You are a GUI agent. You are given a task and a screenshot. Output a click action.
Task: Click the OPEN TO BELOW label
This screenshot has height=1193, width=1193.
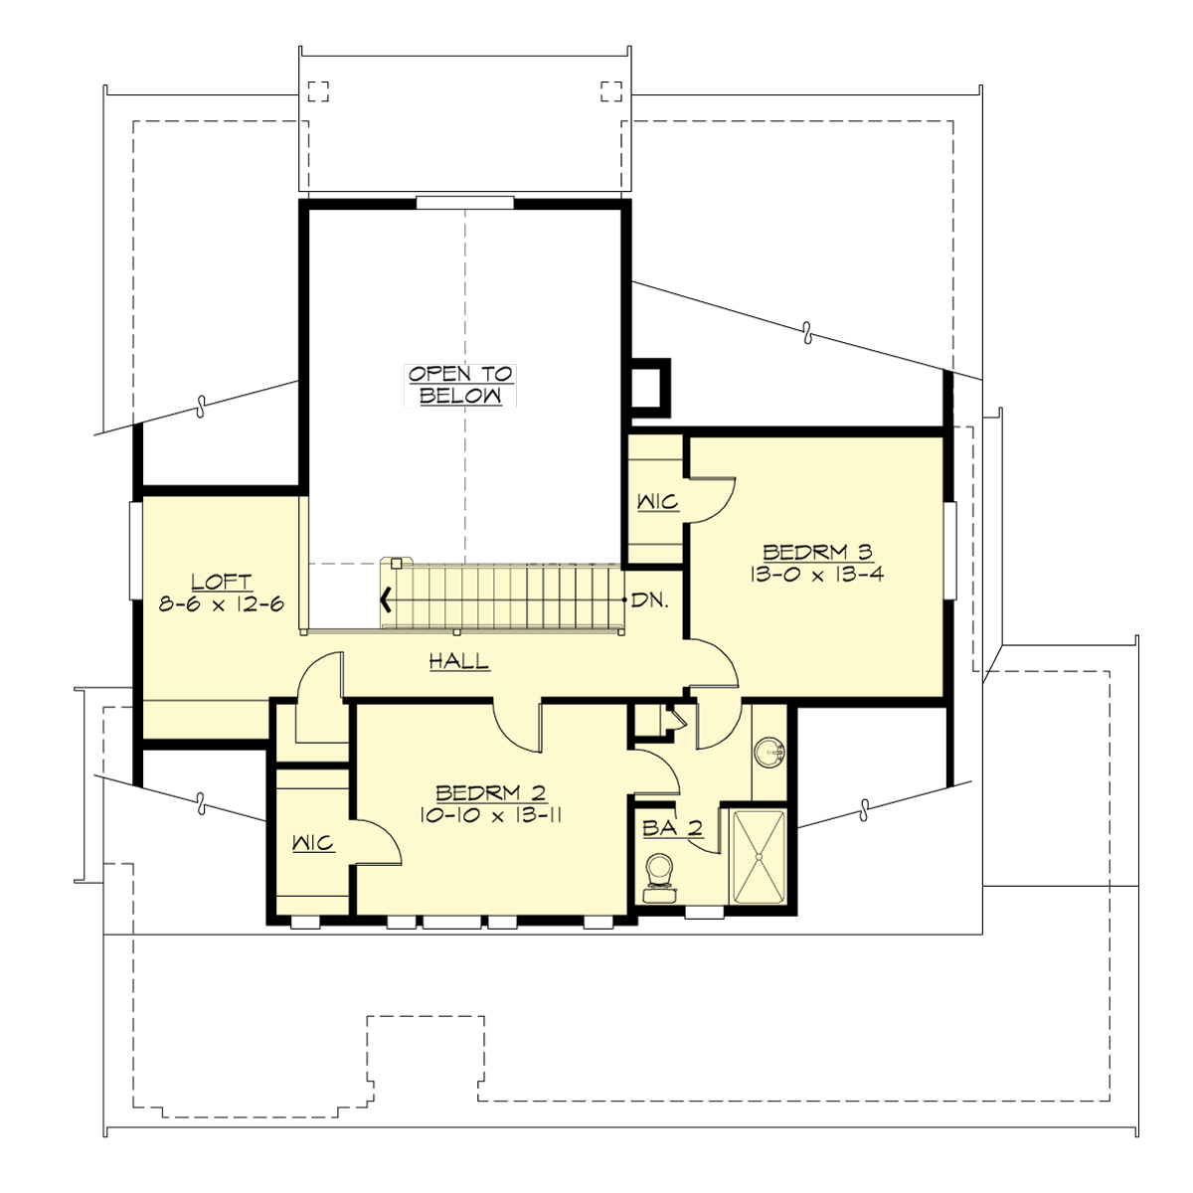(461, 385)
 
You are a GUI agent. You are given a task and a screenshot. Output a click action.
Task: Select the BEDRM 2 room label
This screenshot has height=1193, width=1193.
(491, 792)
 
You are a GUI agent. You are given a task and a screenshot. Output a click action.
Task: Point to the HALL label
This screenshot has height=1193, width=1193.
(458, 661)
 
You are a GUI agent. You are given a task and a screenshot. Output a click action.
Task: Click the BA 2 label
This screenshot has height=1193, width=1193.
(673, 827)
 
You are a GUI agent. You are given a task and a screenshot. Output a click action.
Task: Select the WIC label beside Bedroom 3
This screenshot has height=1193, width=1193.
(657, 502)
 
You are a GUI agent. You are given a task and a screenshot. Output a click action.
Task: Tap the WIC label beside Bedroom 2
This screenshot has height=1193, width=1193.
(313, 844)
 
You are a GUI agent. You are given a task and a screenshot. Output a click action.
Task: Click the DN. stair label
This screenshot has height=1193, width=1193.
(650, 600)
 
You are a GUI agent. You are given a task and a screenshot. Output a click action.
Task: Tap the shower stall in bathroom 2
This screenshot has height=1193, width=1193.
(760, 857)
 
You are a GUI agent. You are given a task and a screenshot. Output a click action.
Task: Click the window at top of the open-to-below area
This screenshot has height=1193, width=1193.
(464, 203)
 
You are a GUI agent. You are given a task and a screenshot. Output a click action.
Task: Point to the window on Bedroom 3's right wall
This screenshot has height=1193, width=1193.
(949, 552)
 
